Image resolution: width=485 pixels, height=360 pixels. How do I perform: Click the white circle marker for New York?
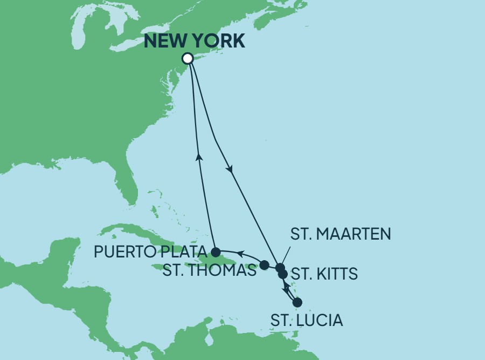tap(188, 58)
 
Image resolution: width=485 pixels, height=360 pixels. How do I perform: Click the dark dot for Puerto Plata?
tap(216, 252)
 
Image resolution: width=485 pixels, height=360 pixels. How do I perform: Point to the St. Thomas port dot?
tap(264, 265)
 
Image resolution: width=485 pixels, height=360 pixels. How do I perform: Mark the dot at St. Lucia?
tap(297, 302)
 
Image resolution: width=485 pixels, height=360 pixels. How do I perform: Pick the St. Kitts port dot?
tap(282, 274)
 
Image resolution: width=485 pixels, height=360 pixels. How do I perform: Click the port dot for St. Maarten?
tap(280, 267)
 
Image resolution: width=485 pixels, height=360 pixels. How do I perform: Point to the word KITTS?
tap(336, 274)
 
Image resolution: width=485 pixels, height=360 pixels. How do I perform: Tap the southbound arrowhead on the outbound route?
tap(231, 169)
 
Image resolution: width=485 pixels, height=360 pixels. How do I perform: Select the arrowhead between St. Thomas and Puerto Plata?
tap(241, 253)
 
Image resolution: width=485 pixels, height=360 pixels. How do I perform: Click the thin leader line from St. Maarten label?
tap(286, 255)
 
